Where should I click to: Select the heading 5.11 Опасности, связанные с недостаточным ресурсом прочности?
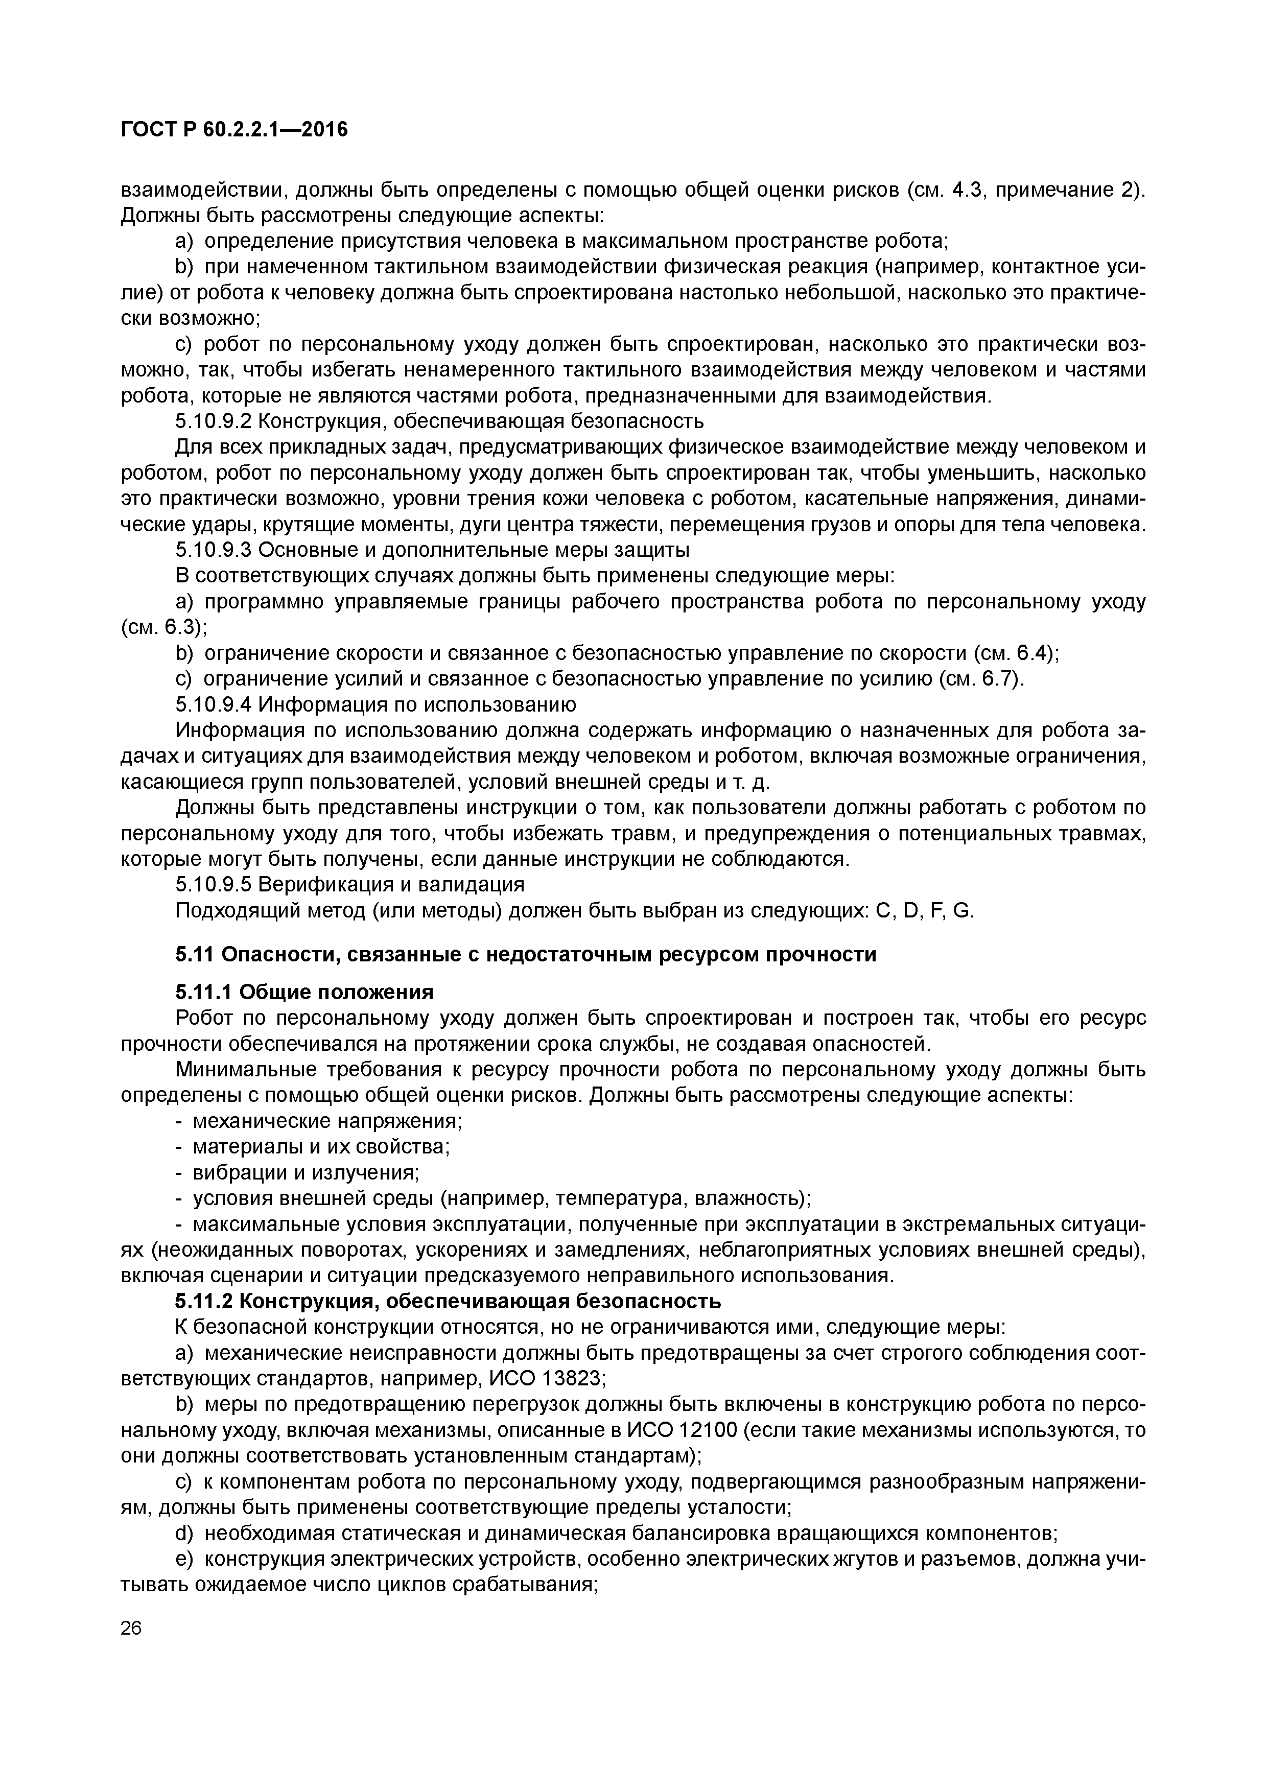(525, 955)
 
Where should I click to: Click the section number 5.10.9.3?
(213, 550)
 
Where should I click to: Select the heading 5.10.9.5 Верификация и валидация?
(350, 884)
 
